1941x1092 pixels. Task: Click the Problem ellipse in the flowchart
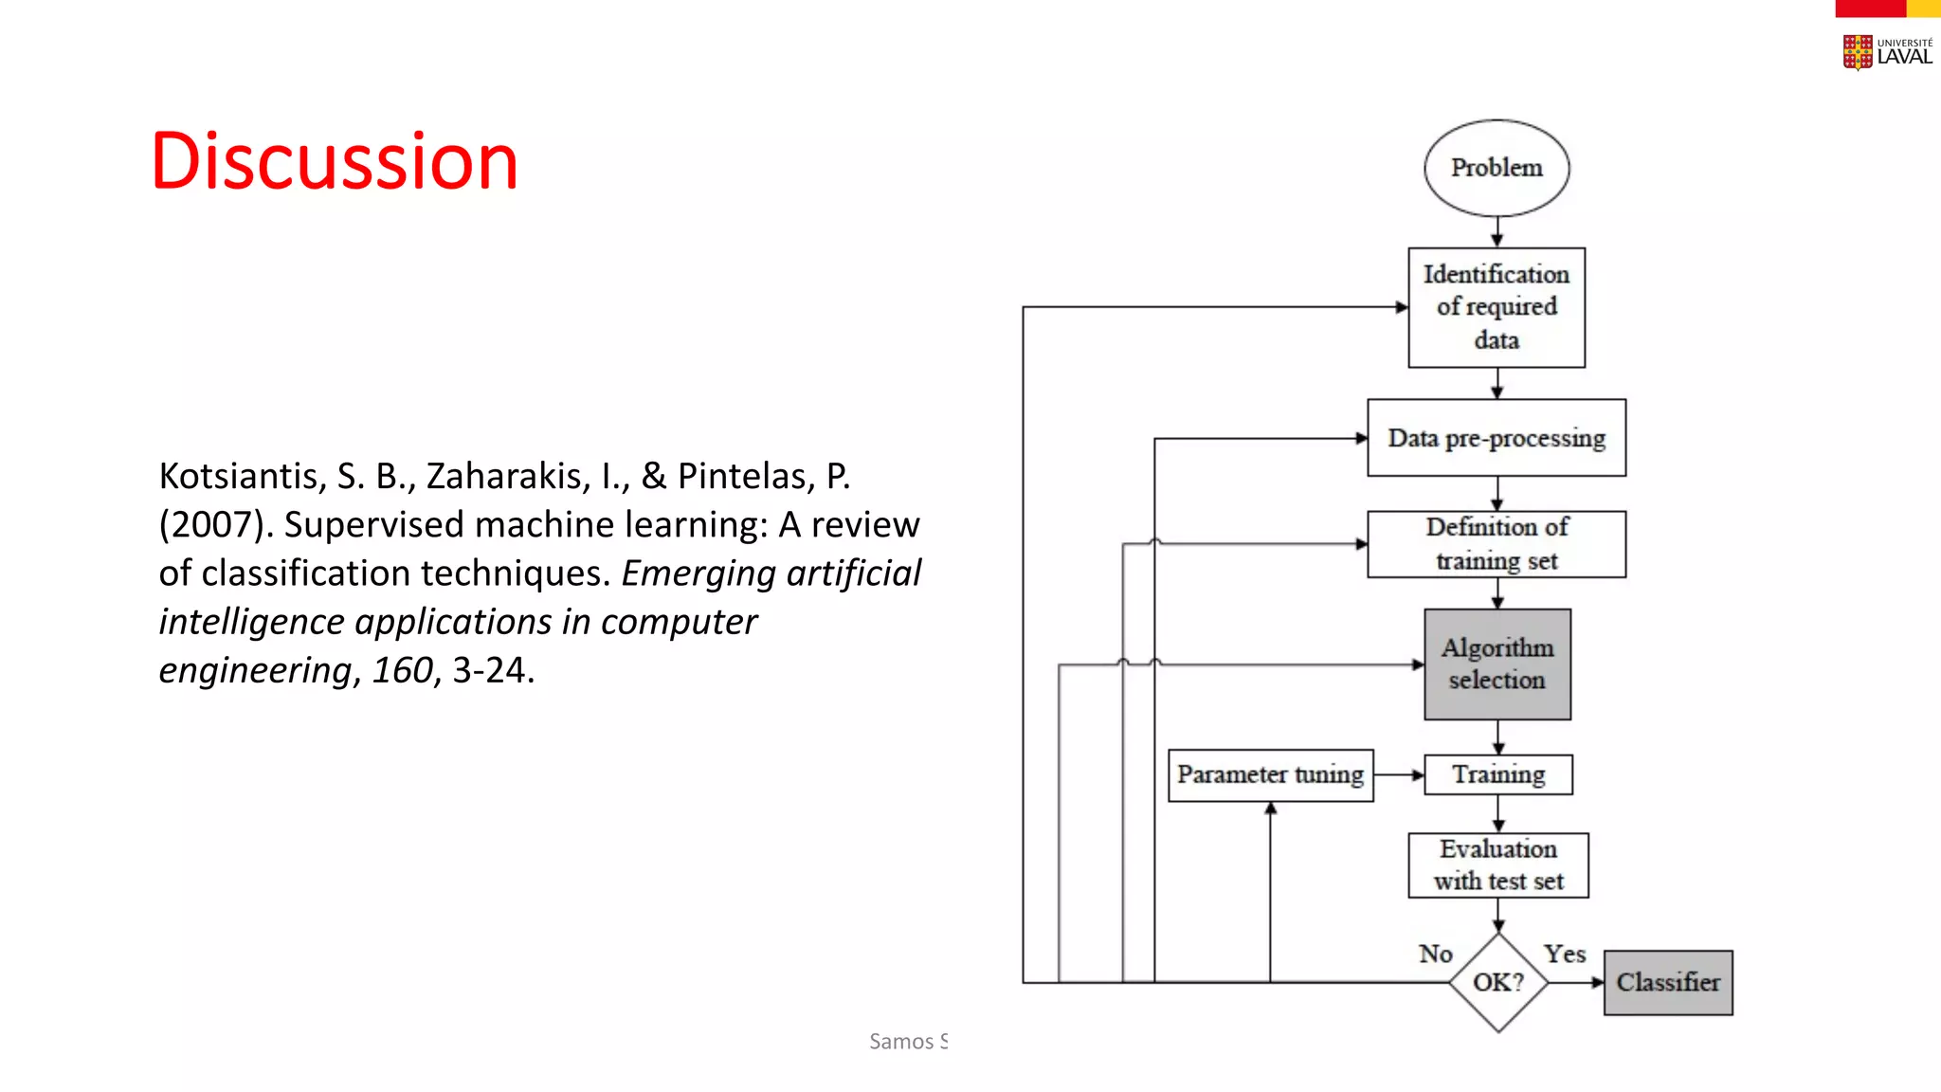point(1497,168)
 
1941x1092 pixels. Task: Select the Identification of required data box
point(1497,307)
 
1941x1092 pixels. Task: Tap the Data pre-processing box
point(1497,438)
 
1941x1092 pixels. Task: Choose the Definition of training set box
point(1497,544)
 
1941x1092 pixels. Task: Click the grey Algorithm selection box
point(1497,664)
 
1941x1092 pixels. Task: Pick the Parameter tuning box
point(1270,774)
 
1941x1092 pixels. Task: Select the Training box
point(1498,774)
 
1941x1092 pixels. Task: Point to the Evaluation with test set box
point(1498,864)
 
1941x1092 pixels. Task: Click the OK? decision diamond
point(1498,982)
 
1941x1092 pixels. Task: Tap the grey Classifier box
point(1668,982)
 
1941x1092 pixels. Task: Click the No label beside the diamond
point(1435,954)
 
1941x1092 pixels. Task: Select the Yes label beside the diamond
point(1565,954)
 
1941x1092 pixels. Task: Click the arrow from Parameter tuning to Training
point(1399,774)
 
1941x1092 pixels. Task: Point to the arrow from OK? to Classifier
point(1576,982)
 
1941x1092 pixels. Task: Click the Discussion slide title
point(335,161)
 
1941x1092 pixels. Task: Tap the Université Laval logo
point(1887,52)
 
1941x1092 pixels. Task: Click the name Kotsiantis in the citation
point(243,476)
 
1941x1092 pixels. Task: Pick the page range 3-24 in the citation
point(493,670)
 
